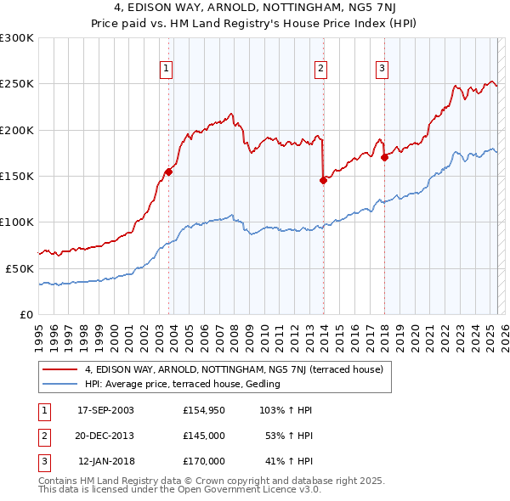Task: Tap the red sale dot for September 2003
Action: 168,172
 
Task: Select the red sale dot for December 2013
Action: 323,180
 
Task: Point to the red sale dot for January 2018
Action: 384,157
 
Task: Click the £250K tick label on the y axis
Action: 17,84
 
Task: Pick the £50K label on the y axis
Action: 20,267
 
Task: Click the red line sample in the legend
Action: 61,370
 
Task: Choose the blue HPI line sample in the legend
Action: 61,384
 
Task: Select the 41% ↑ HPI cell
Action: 289,461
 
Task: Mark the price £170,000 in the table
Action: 204,461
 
